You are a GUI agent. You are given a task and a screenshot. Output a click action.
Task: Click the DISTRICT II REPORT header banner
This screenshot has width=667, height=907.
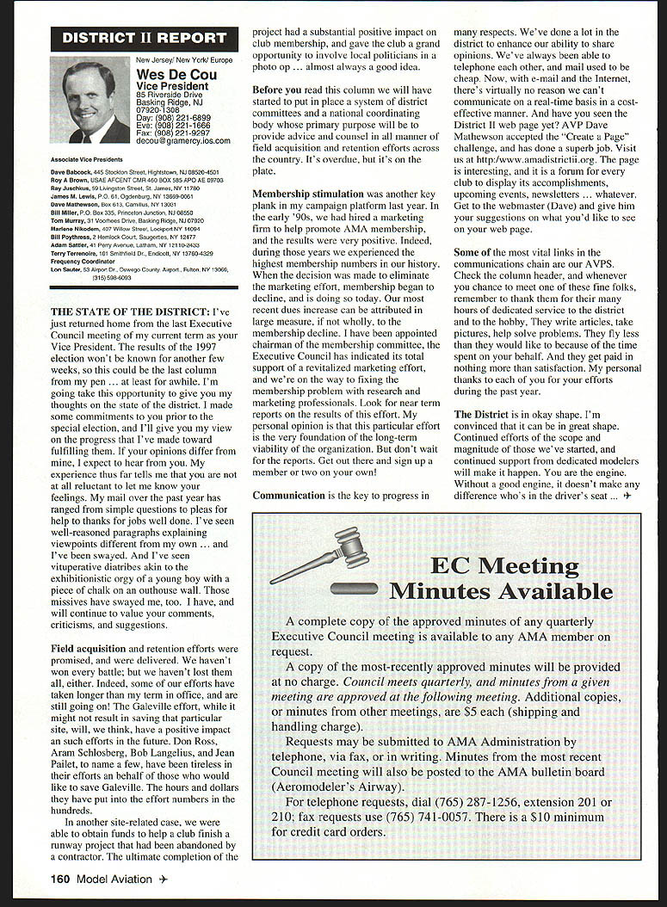tap(145, 39)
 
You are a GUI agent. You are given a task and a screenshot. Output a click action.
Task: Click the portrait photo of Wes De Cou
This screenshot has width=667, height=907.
tap(90, 100)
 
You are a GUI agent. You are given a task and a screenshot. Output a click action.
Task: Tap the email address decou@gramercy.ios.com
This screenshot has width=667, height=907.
tap(183, 140)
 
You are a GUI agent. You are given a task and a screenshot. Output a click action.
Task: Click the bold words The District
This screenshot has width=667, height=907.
tap(483, 415)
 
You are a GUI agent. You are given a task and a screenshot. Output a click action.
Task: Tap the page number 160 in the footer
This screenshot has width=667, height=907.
tap(59, 879)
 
